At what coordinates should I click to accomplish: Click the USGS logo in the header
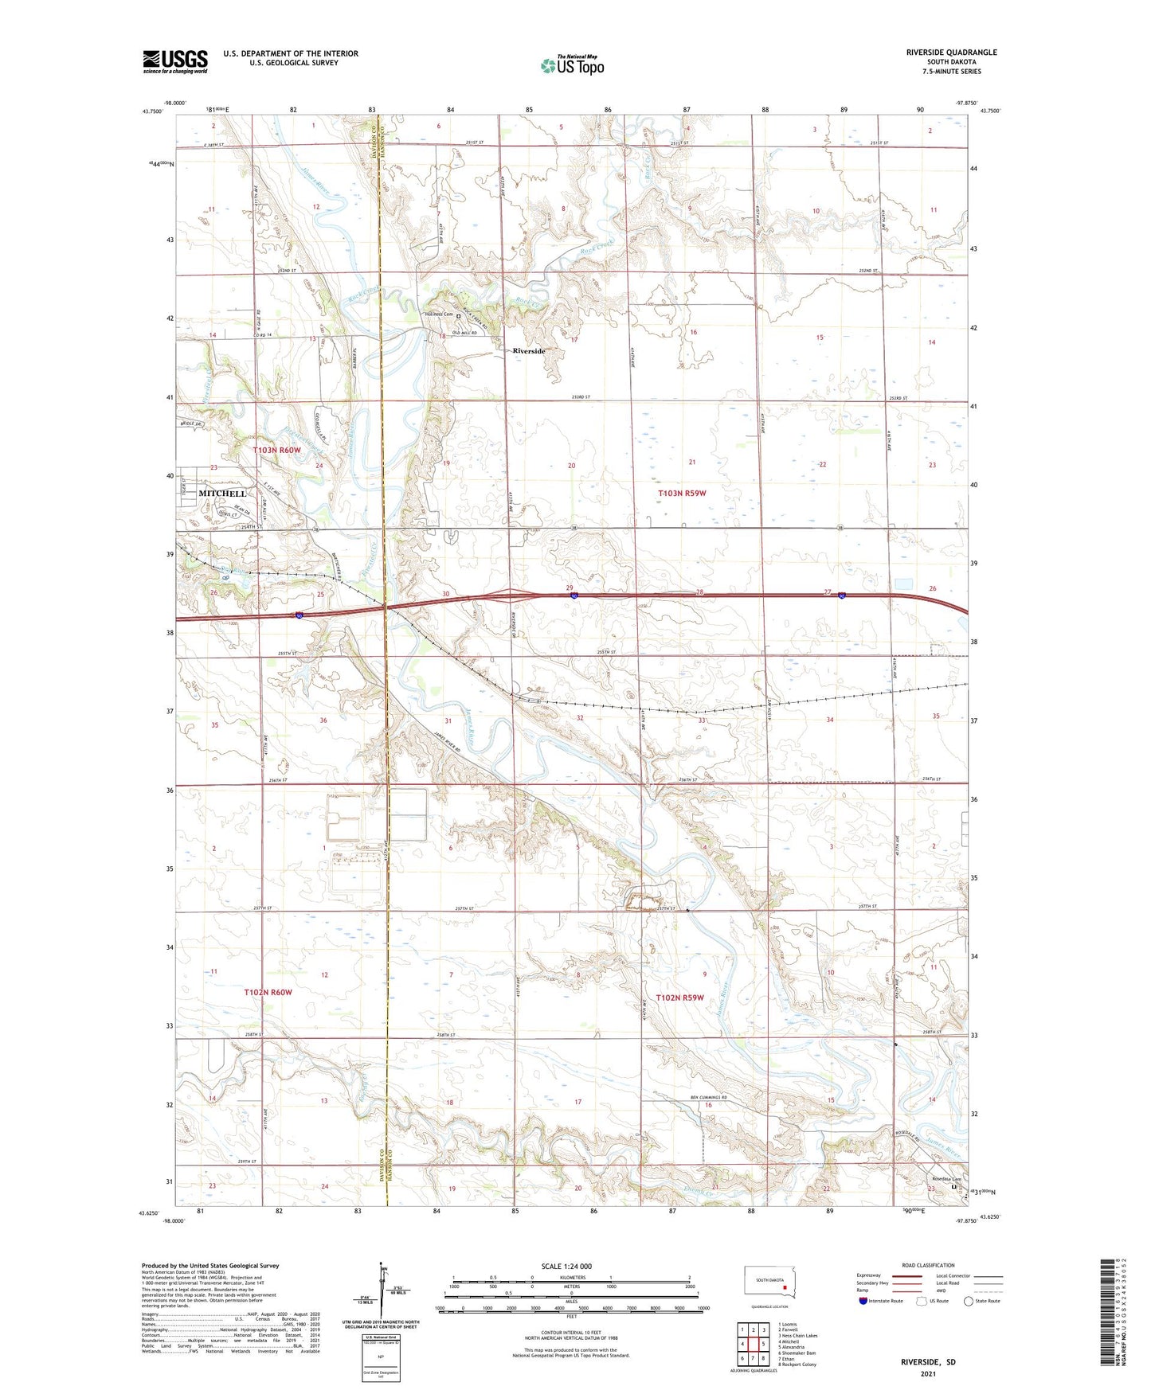(x=174, y=61)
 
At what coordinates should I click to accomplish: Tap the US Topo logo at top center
(x=571, y=64)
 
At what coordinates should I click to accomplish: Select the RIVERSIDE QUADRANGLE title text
(x=951, y=53)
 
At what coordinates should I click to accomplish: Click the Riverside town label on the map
(x=529, y=351)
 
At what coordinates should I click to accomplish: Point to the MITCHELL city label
(x=222, y=494)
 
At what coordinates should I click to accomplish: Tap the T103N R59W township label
(x=682, y=494)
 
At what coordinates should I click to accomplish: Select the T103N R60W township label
(x=277, y=451)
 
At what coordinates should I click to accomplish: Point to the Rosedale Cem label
(x=947, y=1180)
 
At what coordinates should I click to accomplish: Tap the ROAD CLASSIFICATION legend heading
(x=928, y=1265)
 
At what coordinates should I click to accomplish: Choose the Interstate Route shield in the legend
(x=864, y=1301)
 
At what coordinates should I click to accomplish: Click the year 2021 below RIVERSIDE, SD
(x=928, y=1373)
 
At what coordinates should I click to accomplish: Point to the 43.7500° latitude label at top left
(x=151, y=111)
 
